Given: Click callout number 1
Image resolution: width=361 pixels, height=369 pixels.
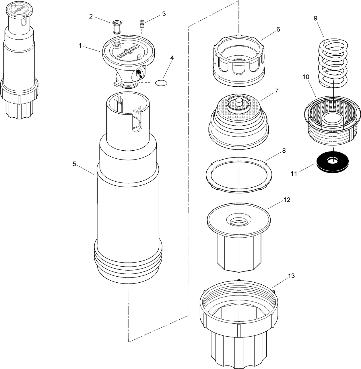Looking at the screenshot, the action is click(80, 46).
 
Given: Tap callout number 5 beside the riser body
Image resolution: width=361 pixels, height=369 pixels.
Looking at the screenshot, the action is click(74, 164).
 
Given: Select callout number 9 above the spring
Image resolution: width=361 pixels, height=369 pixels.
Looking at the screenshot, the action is click(315, 18).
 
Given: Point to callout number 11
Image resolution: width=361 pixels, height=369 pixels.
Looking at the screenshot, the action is click(294, 174).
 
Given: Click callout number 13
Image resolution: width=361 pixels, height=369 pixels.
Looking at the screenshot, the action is click(292, 276).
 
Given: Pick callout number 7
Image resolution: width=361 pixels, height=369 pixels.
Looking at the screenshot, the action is click(277, 90).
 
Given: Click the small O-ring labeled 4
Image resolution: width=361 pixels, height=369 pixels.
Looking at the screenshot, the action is click(161, 83).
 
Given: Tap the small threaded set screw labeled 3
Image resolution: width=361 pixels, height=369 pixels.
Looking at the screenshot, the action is click(142, 24).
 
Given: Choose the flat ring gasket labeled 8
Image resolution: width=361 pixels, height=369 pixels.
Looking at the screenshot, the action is click(239, 175).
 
